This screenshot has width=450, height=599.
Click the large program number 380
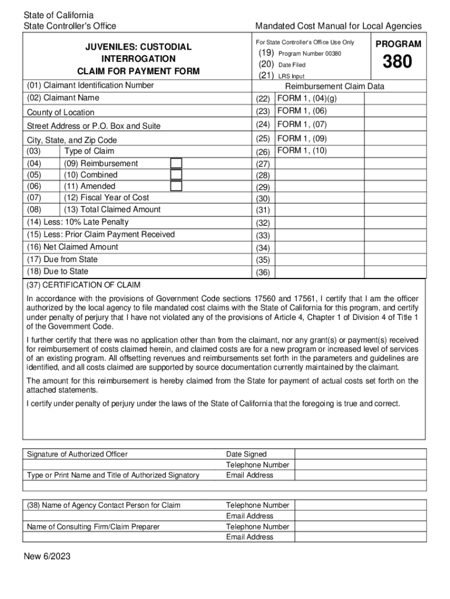397,62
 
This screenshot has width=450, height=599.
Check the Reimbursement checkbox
176,163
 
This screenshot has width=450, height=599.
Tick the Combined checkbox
176,175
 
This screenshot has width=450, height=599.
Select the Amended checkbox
176,186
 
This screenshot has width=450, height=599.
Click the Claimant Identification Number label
91,85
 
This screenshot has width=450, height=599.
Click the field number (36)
263,272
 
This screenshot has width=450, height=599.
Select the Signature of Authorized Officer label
77,455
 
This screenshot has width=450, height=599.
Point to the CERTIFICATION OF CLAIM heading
84,285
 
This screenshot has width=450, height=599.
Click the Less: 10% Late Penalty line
78,222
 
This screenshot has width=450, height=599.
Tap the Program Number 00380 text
310,54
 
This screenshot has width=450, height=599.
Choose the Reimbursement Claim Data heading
334,87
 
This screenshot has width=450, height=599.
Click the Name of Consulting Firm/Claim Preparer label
94,527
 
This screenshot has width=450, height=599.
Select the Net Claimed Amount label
72,247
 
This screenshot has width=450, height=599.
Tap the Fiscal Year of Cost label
106,198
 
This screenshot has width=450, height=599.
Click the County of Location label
61,112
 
